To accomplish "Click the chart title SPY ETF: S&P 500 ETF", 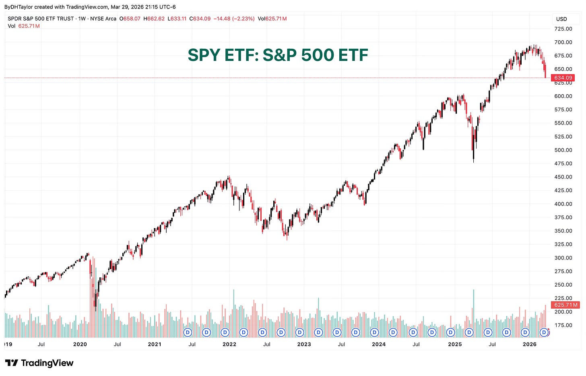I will point(278,55).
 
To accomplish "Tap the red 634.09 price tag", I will point(563,78).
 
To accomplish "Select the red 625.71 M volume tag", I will point(565,305).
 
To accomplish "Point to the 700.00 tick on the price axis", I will point(563,42).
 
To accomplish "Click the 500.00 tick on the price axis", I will point(563,150).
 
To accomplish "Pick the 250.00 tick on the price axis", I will point(563,285).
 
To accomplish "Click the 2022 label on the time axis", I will point(229,344).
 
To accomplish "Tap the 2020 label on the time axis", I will point(80,344).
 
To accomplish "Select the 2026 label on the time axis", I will point(529,344).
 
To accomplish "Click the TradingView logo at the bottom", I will point(39,363).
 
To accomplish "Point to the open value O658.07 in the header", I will point(130,19).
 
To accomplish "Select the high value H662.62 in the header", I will point(154,19).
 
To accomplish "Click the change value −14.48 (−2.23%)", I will point(234,19).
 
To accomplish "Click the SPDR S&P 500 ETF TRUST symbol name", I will point(40,19).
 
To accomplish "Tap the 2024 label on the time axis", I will point(378,344).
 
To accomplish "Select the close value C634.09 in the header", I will point(200,19).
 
